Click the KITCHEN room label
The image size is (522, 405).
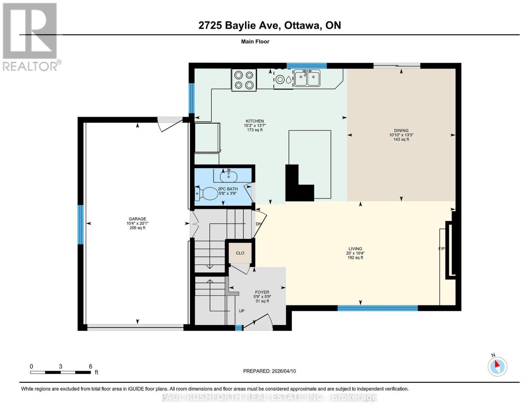coord(254,121)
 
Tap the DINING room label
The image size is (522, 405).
coord(401,131)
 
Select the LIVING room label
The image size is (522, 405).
coord(355,249)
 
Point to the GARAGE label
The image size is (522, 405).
coord(137,219)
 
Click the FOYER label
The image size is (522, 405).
coord(262,292)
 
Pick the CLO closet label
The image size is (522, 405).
coord(240,253)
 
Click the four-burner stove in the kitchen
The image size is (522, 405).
coord(244,80)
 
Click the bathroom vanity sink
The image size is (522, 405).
coord(228,177)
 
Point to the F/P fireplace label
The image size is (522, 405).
coord(441,249)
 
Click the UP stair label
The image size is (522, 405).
coord(241,311)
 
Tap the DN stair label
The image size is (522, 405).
coord(258,224)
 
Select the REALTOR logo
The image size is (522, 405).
coord(31,37)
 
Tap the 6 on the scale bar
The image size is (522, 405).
coord(91,367)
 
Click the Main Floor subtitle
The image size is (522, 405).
coord(255,41)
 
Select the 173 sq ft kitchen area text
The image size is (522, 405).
coord(254,130)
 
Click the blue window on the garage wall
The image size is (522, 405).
coord(81,225)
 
